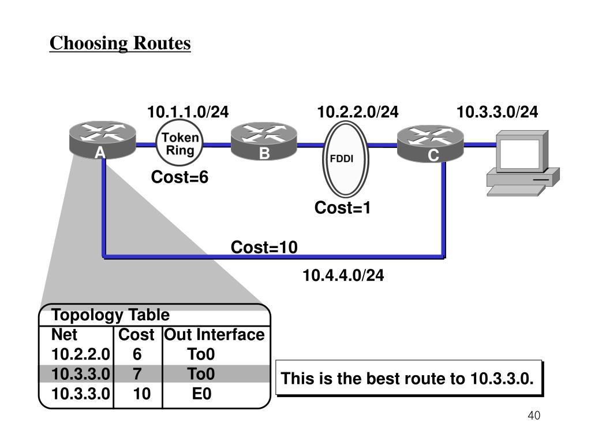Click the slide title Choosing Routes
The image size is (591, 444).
tap(120, 43)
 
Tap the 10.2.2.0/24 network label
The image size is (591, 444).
tap(358, 112)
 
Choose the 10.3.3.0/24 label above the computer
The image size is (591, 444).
tap(498, 112)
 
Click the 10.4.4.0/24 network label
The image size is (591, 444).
tap(343, 276)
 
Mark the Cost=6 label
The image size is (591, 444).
tap(179, 177)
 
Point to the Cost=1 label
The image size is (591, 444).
tap(342, 208)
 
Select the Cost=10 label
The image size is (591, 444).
tap(264, 248)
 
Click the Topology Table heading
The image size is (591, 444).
tap(111, 315)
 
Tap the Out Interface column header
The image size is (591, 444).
tap(215, 335)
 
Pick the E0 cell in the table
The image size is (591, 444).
tap(201, 394)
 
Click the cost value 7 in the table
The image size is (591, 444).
tap(137, 374)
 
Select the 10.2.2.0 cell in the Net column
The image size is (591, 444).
tap(81, 354)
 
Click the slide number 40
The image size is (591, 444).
tap(534, 416)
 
